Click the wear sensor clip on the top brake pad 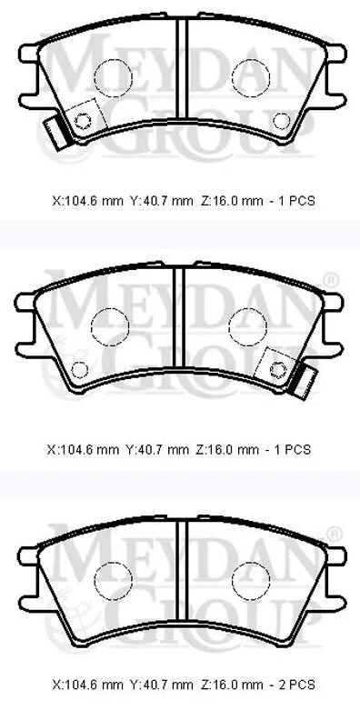tap(56, 133)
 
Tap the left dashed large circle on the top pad tap(114, 78)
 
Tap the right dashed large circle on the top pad tap(251, 78)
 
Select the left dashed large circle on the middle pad tap(110, 326)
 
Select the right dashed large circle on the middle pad tap(247, 326)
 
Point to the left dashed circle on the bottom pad tap(113, 580)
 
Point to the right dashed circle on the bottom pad tap(251, 580)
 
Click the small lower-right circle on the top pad tap(281, 121)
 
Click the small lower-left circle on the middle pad tap(79, 370)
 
